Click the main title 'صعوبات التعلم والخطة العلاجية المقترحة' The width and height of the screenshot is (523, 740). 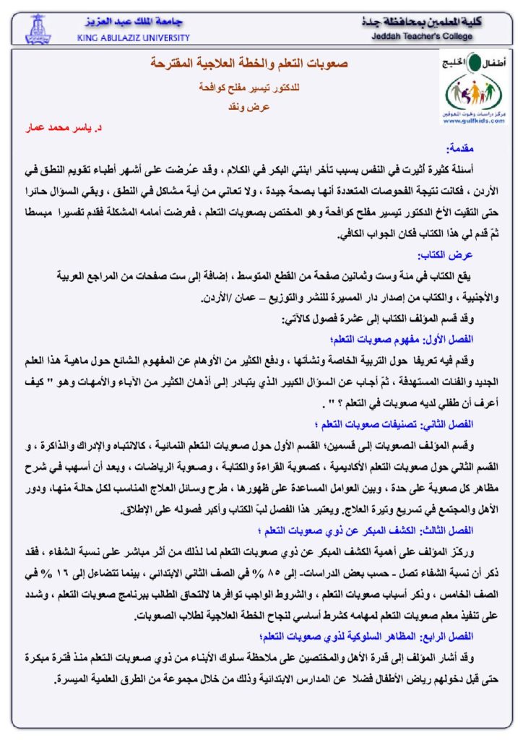pos(249,64)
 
